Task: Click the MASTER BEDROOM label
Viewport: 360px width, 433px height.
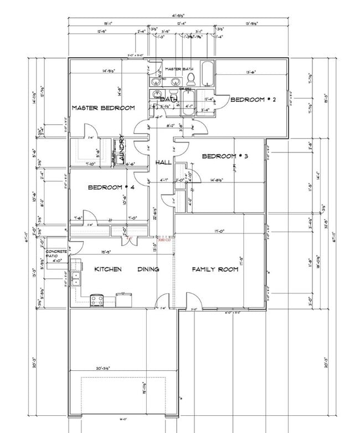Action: (x=103, y=108)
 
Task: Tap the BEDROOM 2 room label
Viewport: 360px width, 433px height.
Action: (x=253, y=100)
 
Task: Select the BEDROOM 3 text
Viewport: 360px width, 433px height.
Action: (x=224, y=156)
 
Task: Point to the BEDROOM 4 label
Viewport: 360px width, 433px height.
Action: (x=111, y=188)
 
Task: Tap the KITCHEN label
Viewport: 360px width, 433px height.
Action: (x=108, y=269)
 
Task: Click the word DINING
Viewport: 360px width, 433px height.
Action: (x=148, y=269)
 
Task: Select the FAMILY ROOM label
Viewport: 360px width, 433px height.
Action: (x=215, y=269)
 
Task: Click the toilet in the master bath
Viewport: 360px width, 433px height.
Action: (x=190, y=77)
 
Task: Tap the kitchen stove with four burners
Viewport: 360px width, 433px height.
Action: (x=97, y=300)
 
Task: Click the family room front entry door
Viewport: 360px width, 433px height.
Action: (x=194, y=301)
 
